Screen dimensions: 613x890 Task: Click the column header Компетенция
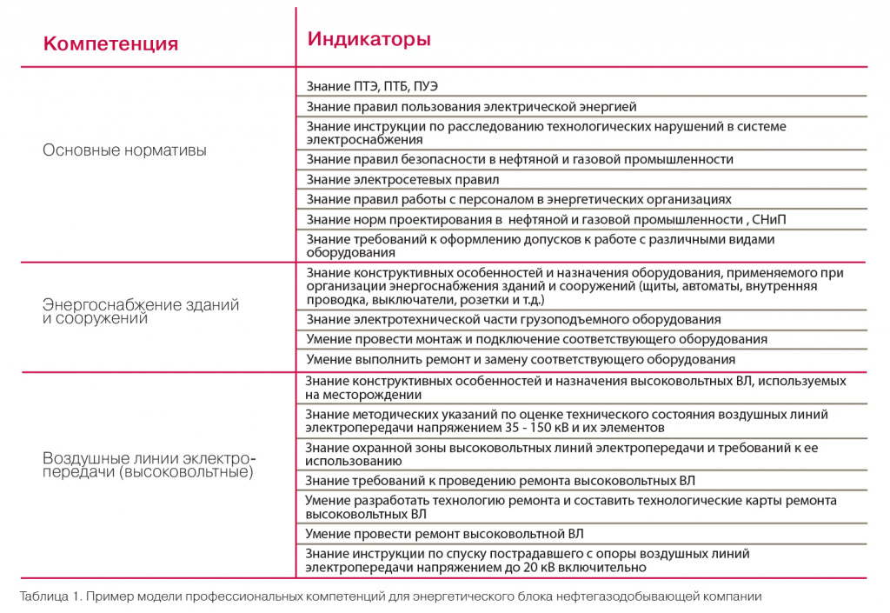click(x=110, y=43)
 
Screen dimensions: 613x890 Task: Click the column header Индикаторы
click(x=369, y=40)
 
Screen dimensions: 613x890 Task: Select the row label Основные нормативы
click(x=125, y=150)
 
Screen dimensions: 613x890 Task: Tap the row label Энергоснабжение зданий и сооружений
click(x=141, y=311)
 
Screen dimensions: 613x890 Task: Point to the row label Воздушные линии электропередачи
click(x=149, y=465)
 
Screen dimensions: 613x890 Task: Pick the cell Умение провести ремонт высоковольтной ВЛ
click(x=444, y=533)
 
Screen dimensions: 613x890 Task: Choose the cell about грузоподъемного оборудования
click(x=514, y=319)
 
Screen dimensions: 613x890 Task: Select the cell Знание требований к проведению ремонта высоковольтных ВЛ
click(x=500, y=480)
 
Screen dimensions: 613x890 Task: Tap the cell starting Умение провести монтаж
click(x=536, y=339)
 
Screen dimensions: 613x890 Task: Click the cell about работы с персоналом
click(x=519, y=199)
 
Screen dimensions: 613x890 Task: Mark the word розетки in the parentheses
click(x=476, y=299)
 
